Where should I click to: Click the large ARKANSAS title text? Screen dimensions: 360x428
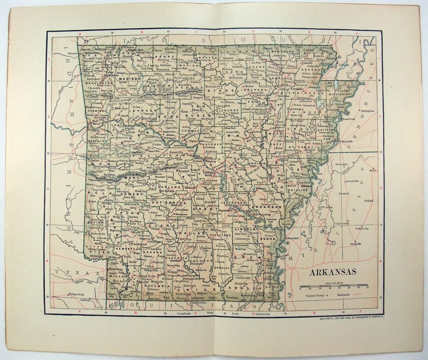(332, 272)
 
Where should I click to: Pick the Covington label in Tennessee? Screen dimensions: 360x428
(367, 111)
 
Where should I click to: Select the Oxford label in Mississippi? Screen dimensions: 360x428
(369, 200)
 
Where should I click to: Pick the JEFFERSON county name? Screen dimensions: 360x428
(237, 202)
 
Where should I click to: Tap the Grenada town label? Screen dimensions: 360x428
(355, 244)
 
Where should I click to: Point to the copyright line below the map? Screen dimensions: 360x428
(352, 317)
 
